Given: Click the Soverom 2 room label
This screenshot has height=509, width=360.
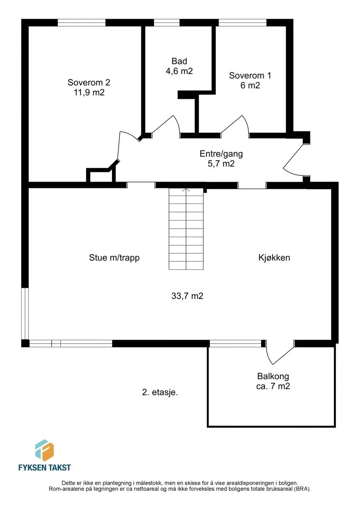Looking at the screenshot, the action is (89, 82).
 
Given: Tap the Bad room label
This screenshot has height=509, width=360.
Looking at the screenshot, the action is (179, 61).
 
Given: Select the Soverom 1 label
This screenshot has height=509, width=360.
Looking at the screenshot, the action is (250, 76).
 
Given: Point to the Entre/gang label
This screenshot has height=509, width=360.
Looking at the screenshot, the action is (221, 154).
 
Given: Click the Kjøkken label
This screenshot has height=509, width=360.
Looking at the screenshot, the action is (274, 258).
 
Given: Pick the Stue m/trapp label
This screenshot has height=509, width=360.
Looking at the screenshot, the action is (114, 258).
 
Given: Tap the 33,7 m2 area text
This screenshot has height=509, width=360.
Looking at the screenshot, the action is (187, 296).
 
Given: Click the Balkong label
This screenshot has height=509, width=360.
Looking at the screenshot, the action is (273, 376).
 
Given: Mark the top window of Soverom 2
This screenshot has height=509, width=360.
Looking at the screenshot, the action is (82, 23).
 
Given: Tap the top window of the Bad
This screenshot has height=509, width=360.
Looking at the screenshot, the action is (167, 23).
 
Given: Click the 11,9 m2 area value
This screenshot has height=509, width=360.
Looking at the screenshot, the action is (89, 92).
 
